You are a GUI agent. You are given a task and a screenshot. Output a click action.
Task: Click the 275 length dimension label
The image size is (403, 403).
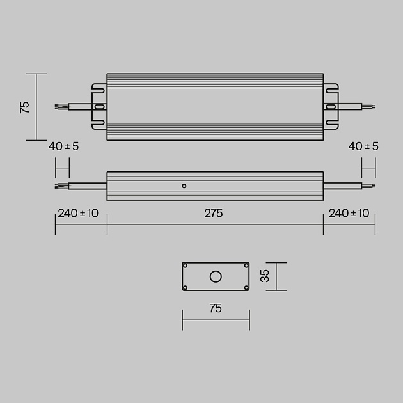[214, 214]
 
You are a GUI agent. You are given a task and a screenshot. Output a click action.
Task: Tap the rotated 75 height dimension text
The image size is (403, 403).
[25, 107]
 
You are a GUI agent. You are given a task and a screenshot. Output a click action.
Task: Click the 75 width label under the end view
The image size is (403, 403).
[216, 308]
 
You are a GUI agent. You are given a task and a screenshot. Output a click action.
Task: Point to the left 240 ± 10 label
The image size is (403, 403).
[78, 214]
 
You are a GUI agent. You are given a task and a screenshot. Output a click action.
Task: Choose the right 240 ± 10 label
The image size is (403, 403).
[349, 214]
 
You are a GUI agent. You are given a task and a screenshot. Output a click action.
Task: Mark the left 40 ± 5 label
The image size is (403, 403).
[63, 146]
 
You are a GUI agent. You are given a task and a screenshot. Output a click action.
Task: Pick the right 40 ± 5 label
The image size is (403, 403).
[363, 146]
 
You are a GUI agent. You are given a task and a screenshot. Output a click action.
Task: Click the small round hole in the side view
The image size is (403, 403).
[184, 186]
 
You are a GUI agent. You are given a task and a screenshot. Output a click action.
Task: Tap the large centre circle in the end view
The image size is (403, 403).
[216, 276]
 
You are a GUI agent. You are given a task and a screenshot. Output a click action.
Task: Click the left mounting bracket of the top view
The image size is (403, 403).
[99, 107]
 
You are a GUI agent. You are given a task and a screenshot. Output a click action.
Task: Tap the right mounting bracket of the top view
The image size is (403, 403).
[331, 107]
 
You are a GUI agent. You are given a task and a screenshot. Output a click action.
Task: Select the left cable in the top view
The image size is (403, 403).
[79, 107]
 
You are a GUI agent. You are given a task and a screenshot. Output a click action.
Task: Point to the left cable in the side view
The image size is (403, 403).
[83, 186]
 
